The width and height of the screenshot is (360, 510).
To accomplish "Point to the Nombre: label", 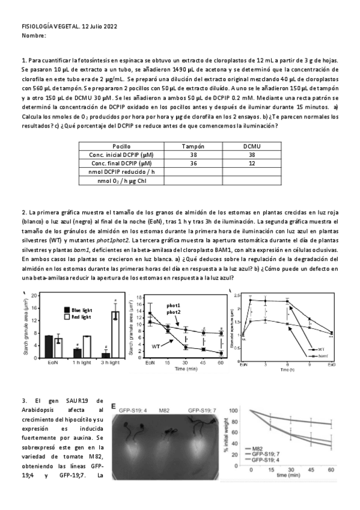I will [34, 36].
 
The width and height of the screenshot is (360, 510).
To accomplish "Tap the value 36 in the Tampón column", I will [193, 163].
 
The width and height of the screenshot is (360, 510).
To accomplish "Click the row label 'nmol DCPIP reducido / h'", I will [121, 171].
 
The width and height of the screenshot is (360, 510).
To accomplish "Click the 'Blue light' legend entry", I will [81, 309].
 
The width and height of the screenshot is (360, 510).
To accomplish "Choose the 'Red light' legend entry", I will [81, 316].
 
